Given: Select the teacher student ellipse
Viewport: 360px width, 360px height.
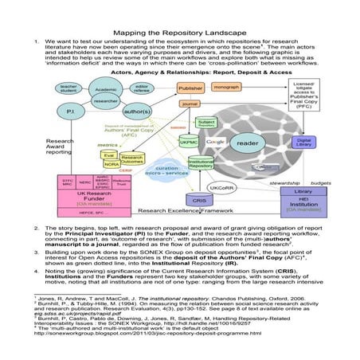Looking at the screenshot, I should [68, 87].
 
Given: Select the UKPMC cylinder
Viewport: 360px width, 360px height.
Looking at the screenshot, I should [189, 143].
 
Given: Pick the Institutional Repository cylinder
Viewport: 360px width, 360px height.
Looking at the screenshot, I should [200, 164].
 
